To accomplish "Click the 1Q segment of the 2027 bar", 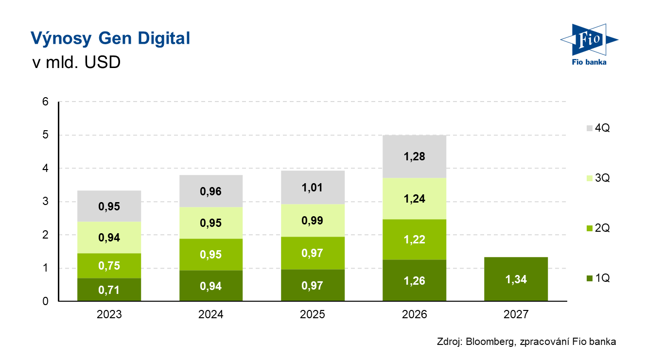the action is pos(516,279).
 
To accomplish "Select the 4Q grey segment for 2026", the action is pos(415,156).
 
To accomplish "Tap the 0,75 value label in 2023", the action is pos(109,265).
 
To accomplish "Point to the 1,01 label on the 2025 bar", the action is pos(312,188).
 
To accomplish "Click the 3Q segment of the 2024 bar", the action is pos(211,223).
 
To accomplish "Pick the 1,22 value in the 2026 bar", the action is pos(415,240).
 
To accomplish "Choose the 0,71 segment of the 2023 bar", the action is pos(109,290).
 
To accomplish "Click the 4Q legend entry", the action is pos(598,128).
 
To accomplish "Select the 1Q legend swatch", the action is pos(590,278).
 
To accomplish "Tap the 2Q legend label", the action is pos(602,228).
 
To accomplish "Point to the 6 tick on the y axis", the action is pos(45,102).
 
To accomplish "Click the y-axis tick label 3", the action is pos(45,201).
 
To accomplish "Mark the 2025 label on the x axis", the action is pos(313,314).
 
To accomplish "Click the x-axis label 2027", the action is pos(516,314).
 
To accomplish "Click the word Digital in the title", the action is pos(164,38).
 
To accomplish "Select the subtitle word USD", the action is pos(103,62).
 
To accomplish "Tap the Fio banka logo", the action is pos(589,44).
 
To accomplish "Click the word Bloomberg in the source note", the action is pos(490,342).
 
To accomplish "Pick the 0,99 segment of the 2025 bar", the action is pos(313,221).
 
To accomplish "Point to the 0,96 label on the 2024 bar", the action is pos(210,191).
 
